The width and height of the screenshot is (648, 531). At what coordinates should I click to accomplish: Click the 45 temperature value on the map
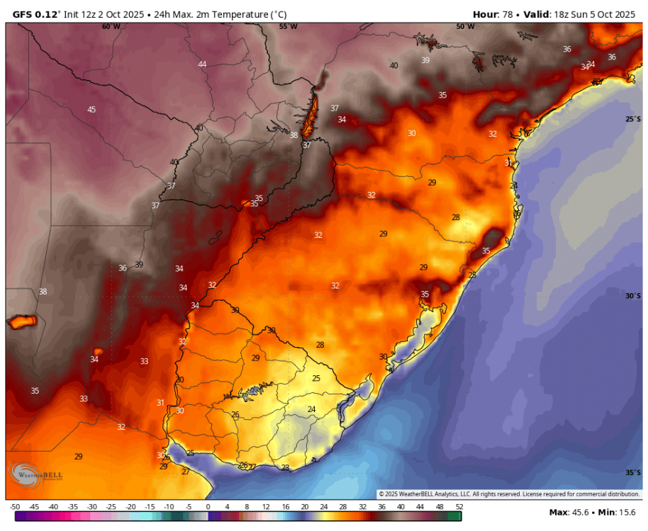click(91, 109)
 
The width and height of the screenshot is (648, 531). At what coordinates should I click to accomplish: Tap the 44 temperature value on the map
click(202, 64)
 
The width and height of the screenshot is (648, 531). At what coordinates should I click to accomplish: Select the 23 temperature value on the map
click(285, 467)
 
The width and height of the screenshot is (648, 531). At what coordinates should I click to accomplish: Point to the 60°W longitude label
click(111, 27)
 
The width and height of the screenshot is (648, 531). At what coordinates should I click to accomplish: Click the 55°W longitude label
click(288, 27)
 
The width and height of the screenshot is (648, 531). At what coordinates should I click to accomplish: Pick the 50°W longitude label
click(465, 27)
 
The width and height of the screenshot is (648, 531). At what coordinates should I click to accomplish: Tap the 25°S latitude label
click(633, 119)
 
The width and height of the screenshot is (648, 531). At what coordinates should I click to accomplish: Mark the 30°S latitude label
click(633, 296)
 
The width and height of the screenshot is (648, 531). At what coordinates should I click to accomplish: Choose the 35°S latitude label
click(633, 472)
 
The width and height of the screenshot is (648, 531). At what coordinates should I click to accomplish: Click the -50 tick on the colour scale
click(15, 507)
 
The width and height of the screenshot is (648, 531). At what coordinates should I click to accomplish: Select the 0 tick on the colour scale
click(208, 507)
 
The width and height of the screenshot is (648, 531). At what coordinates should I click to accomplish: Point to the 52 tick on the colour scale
click(459, 507)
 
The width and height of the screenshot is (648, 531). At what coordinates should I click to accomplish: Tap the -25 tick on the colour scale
click(111, 507)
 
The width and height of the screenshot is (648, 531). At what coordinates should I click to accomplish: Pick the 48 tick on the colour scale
click(440, 507)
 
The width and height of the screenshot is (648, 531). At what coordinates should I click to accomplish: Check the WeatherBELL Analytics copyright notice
click(508, 493)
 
